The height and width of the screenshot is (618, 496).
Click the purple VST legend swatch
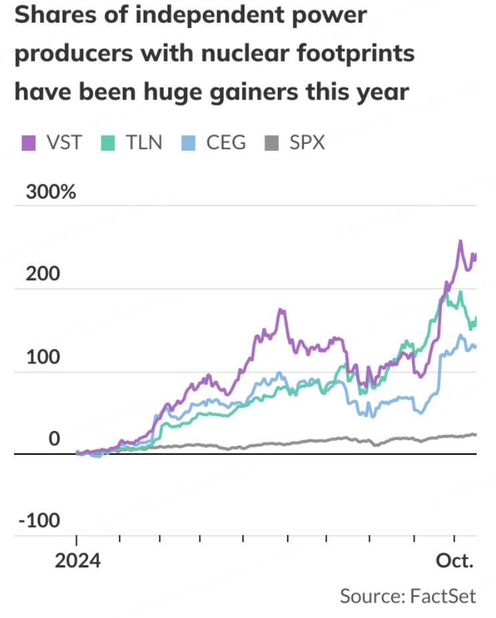pyautogui.click(x=28, y=142)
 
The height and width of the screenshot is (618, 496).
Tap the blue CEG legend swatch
pyautogui.click(x=190, y=142)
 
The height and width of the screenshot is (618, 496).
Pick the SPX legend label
pyautogui.click(x=307, y=142)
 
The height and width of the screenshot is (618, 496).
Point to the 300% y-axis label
pyautogui.click(x=51, y=192)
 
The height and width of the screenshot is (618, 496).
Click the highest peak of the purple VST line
pyautogui.click(x=460, y=241)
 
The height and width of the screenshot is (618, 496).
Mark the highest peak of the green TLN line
pyautogui.click(x=460, y=292)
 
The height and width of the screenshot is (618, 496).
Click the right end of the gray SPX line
pyautogui.click(x=475, y=435)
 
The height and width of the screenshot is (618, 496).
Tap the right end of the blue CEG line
pyautogui.click(x=475, y=346)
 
